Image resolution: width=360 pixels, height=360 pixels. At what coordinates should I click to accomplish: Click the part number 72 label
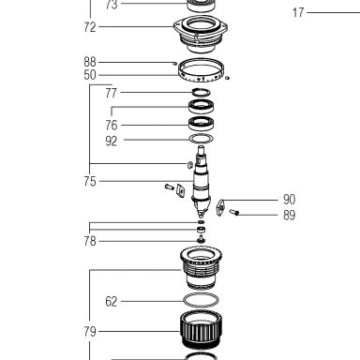click(90, 27)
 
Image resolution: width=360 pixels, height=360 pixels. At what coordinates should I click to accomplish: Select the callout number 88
click(90, 62)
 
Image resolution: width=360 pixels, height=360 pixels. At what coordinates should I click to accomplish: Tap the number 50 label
click(90, 75)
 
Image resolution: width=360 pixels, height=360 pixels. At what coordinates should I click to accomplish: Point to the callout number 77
click(112, 93)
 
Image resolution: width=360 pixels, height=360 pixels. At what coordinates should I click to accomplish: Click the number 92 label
click(112, 141)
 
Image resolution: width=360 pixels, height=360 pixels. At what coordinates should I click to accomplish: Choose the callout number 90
click(289, 200)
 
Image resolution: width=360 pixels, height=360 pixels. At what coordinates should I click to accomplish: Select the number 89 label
click(289, 215)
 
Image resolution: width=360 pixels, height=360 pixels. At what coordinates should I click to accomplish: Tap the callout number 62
click(112, 302)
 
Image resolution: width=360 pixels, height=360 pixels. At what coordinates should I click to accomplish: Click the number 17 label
click(298, 12)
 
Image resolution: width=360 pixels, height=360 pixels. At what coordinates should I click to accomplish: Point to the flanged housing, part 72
click(201, 34)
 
